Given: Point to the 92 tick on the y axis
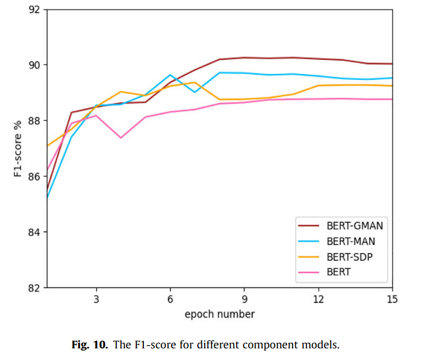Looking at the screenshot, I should [35, 9].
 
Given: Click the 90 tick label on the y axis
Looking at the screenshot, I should [35, 65].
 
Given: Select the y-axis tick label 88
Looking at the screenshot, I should [35, 121].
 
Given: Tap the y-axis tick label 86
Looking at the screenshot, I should [35, 176].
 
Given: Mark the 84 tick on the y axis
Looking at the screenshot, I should [35, 232].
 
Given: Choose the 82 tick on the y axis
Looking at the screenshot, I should [35, 288].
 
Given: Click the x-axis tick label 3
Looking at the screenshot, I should [96, 299].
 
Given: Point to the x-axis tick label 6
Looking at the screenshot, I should [170, 299].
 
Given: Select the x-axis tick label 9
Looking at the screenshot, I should [244, 299].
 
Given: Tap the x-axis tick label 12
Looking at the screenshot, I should [318, 299].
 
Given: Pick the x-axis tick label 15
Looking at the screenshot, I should [392, 299].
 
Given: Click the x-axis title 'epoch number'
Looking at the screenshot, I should [220, 314].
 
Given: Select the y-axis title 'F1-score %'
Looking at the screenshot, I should [18, 148].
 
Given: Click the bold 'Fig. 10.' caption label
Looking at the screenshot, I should [90, 345].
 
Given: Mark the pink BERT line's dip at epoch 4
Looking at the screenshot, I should [121, 137].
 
